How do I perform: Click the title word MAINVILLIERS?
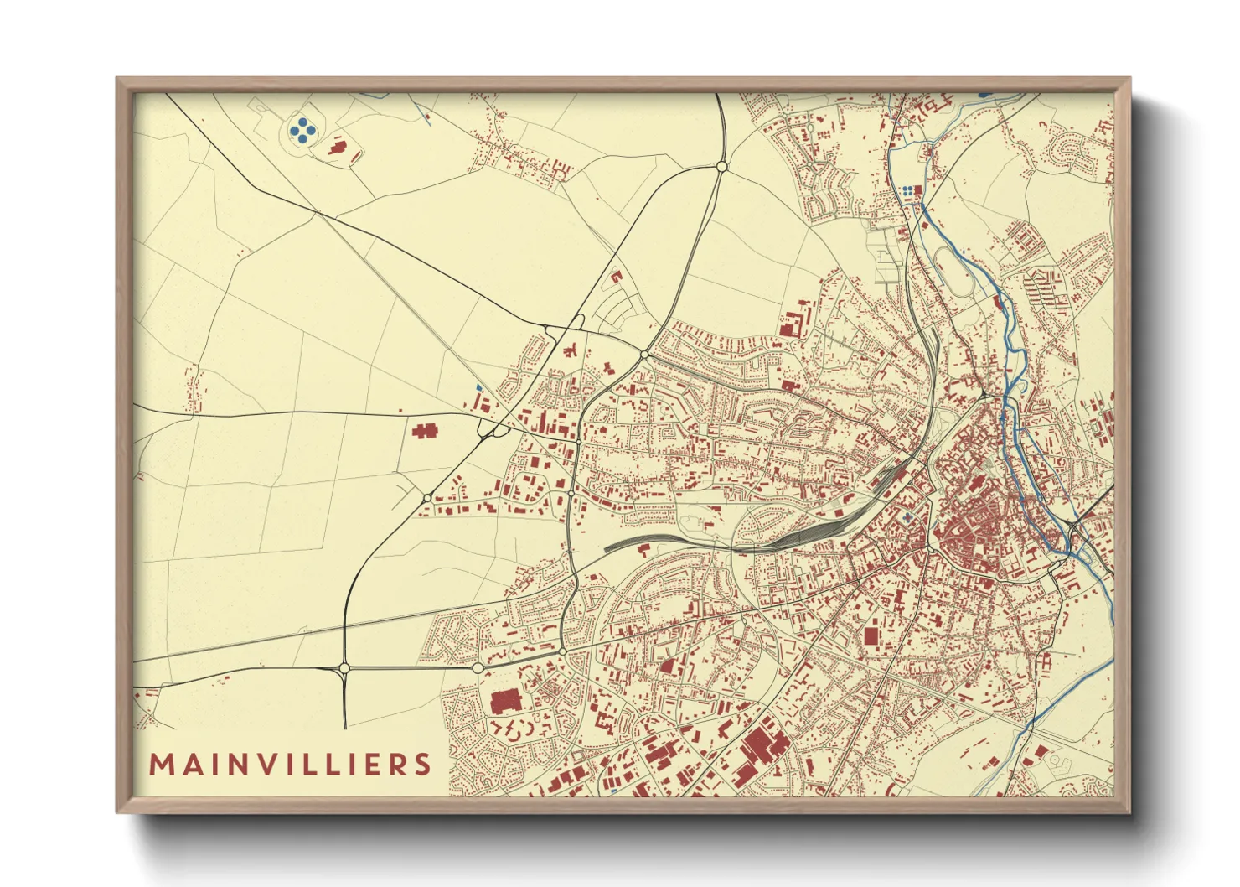[290, 764]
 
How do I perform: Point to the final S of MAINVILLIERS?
[422, 765]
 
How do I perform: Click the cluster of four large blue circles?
[302, 128]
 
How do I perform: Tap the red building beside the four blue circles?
[338, 147]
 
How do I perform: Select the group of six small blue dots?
[908, 192]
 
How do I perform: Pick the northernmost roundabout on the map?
[721, 168]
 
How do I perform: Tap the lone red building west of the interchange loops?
[425, 431]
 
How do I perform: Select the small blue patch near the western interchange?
[478, 387]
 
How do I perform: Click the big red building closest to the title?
[505, 702]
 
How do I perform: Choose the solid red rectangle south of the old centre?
[871, 635]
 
